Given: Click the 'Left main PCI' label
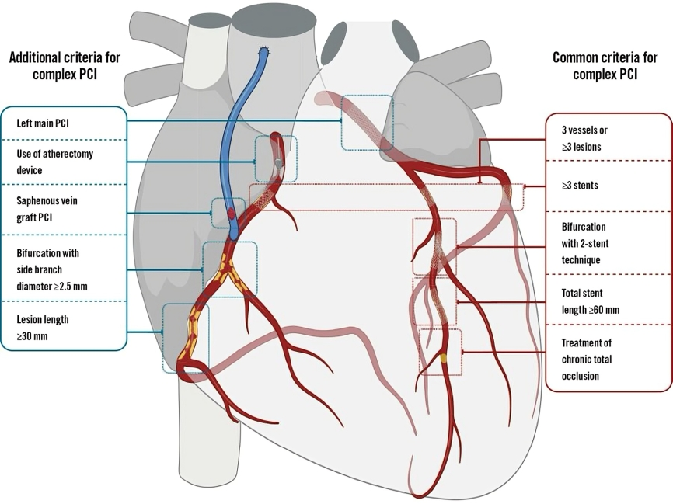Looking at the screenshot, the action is click(x=43, y=123).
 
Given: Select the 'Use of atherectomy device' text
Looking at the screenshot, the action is click(x=55, y=162).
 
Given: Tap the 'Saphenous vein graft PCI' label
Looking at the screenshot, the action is click(x=47, y=209).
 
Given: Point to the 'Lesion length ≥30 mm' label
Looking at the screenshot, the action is click(x=43, y=328).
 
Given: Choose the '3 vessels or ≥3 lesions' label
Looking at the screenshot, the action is click(x=584, y=138).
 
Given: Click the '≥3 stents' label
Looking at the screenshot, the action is click(x=580, y=186).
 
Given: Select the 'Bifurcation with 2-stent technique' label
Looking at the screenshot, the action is click(x=585, y=243).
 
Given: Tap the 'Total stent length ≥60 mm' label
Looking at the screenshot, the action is click(x=590, y=301).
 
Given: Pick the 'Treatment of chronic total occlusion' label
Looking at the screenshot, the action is click(x=586, y=360).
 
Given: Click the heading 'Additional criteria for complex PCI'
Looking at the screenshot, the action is click(x=65, y=66).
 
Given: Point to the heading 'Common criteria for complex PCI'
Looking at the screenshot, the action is click(x=605, y=66).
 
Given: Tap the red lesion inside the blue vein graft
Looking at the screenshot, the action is click(x=231, y=213).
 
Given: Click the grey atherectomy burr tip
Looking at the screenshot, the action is click(x=278, y=163).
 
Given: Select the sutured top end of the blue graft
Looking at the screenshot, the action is click(x=263, y=52).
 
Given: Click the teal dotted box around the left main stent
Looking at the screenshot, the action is click(x=342, y=122).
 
